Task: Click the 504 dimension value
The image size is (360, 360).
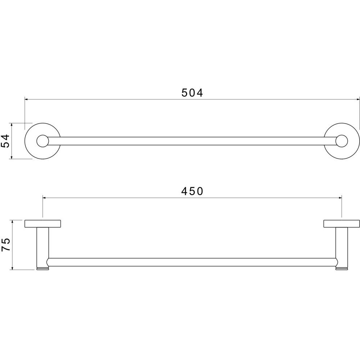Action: pyautogui.click(x=192, y=93)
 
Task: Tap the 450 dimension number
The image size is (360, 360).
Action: pyautogui.click(x=192, y=191)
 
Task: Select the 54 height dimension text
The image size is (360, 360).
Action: pyautogui.click(x=5, y=141)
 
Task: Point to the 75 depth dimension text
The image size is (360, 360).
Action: pyautogui.click(x=5, y=244)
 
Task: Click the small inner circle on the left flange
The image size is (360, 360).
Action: pyautogui.click(x=42, y=141)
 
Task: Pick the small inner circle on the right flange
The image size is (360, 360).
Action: pyautogui.click(x=342, y=141)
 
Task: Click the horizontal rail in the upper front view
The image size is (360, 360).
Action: pyautogui.click(x=192, y=141)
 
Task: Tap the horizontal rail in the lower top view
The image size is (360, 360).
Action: pyautogui.click(x=192, y=262)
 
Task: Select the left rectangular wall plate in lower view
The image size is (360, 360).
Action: pyautogui.click(x=43, y=224)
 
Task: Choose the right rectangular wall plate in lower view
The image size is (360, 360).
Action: pyautogui.click(x=342, y=224)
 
